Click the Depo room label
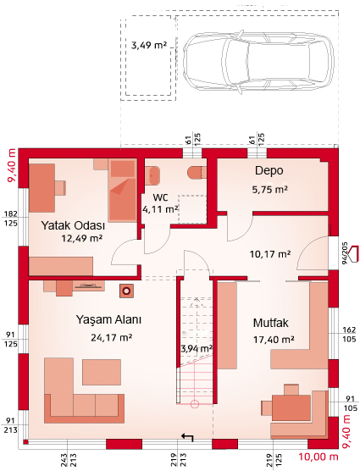(269, 170)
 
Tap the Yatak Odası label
(73, 225)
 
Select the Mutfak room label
(270, 324)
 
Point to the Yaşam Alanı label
(108, 319)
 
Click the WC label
(160, 197)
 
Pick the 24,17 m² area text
(112, 338)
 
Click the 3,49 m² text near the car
(149, 46)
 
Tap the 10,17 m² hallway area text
(270, 254)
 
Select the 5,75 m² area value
(270, 190)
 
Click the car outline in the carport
(258, 62)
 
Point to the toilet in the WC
(197, 173)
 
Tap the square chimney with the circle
(127, 291)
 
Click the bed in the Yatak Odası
(123, 190)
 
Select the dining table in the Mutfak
(291, 407)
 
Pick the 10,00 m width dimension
(318, 457)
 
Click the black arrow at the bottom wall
(187, 437)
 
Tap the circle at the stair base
(195, 404)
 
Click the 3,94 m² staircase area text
(197, 349)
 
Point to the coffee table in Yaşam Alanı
(102, 372)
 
